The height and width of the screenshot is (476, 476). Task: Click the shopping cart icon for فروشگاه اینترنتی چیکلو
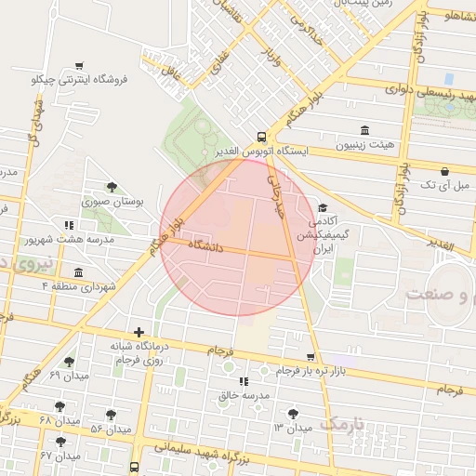tap(80, 65)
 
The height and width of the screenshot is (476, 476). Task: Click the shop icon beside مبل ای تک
tap(444, 171)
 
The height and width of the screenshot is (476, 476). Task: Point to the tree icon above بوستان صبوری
tap(112, 186)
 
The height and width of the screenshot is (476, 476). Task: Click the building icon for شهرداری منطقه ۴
tap(77, 272)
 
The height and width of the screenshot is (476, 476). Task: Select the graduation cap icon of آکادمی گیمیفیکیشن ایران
tap(323, 207)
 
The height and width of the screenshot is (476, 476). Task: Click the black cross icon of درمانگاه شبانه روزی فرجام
tap(139, 332)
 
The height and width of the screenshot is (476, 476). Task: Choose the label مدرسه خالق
tap(244, 396)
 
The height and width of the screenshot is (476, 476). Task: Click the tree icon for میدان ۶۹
tap(69, 362)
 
